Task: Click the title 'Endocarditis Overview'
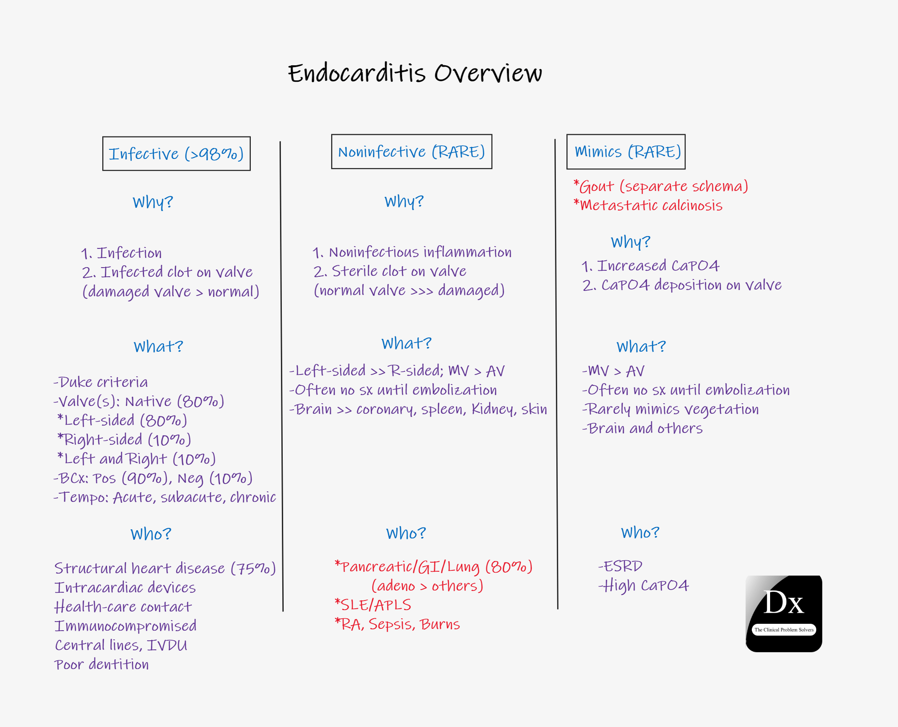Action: point(415,74)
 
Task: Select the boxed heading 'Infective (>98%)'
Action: point(176,154)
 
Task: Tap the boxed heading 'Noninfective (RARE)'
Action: point(411,152)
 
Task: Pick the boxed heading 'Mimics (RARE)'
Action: point(626,152)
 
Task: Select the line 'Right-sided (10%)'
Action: point(125,439)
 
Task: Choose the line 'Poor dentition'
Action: point(101,664)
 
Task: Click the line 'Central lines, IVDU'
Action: point(121,645)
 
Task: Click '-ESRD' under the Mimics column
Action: point(621,566)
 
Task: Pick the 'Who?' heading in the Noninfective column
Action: point(406,533)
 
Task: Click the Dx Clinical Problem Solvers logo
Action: point(784,613)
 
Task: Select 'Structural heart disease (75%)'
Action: point(165,568)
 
